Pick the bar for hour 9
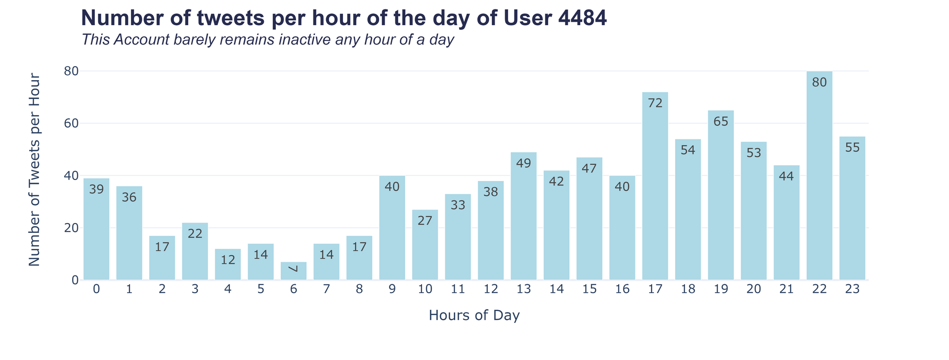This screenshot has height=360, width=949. coord(392,228)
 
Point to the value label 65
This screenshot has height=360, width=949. coord(721,121)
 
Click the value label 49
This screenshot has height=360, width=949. coord(523,163)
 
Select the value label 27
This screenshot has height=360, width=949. coord(425,221)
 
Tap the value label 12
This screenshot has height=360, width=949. coord(228,260)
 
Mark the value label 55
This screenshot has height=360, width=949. coord(852,147)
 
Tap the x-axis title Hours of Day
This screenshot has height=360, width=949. coord(474,315)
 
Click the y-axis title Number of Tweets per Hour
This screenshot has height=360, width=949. coord(34,170)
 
